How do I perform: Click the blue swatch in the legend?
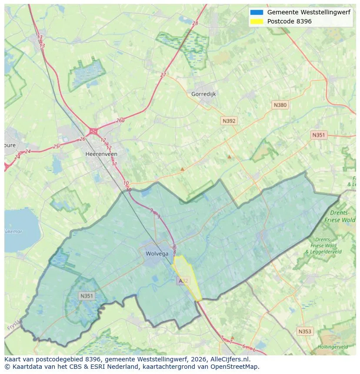tap(257, 12)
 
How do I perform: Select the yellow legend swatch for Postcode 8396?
tap(257, 21)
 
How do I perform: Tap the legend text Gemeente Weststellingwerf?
tap(309, 12)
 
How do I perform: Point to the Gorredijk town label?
tap(203, 94)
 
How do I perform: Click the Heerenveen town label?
tap(101, 154)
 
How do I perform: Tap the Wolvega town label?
tap(156, 254)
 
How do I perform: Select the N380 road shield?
tap(280, 105)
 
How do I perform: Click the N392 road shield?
tap(229, 121)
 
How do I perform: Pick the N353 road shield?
tap(305, 331)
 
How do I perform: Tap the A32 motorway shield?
tap(183, 281)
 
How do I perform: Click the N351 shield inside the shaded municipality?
tap(87, 296)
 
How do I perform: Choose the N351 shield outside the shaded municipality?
tap(318, 135)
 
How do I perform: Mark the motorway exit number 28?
tap(195, 23)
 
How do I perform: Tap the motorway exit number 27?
tap(163, 75)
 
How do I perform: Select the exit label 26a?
tap(120, 120)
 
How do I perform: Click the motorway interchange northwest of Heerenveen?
tap(93, 131)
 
